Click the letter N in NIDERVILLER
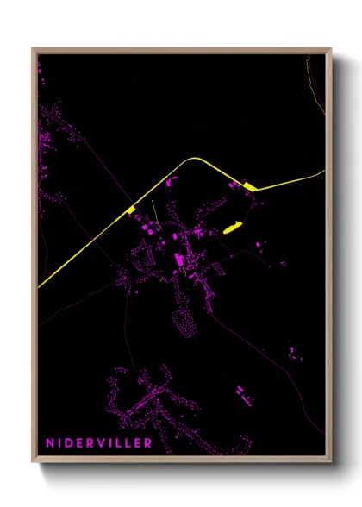pos(51,443)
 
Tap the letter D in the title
pos(72,443)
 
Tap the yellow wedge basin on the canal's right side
pos(250,186)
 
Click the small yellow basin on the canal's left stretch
pos(131,210)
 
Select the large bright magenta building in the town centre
pos(178,259)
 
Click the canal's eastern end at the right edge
pos(322,172)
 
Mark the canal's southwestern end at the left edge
pos(40,286)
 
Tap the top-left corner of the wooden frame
pos(33,49)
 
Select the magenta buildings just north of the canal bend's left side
pos(169,183)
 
